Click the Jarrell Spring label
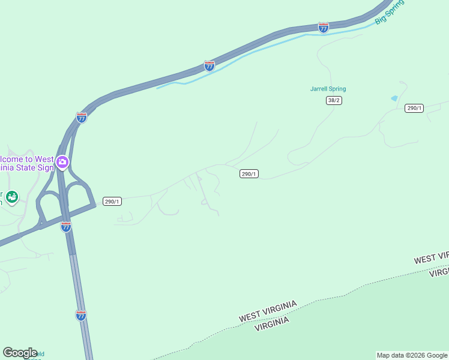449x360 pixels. pos(328,89)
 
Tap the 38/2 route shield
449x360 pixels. pos(334,100)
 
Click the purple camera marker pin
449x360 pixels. pos(62,162)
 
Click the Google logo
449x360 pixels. pos(20,353)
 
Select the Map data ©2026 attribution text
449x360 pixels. pos(412,355)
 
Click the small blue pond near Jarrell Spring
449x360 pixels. pos(394,98)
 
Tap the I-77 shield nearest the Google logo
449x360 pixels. pos(81,315)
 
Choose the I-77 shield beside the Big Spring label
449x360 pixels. pos(324,28)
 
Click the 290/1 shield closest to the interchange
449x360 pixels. pos(112,202)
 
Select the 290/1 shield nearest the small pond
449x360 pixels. pos(414,108)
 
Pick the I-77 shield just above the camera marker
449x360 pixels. pos(82,118)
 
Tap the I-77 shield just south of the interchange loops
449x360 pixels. pos(66,227)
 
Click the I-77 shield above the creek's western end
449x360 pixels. pos(209,66)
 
